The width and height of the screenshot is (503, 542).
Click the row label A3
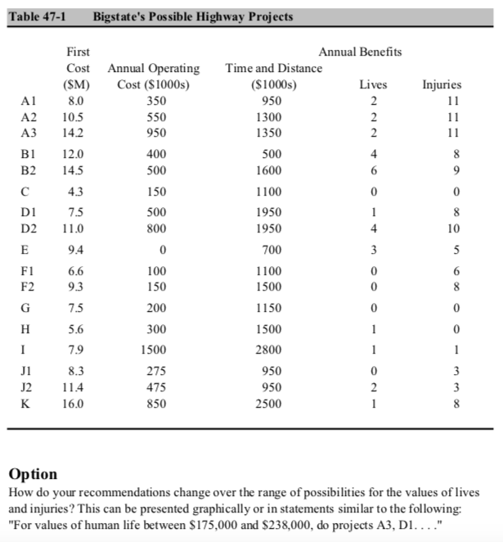coord(29,131)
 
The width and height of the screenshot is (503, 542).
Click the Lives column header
coord(374,84)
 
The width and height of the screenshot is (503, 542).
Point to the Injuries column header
coord(442,84)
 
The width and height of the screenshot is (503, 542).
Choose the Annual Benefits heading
coord(360,52)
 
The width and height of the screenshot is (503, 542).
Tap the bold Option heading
coord(33,474)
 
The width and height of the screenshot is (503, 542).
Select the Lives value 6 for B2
coord(374,170)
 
